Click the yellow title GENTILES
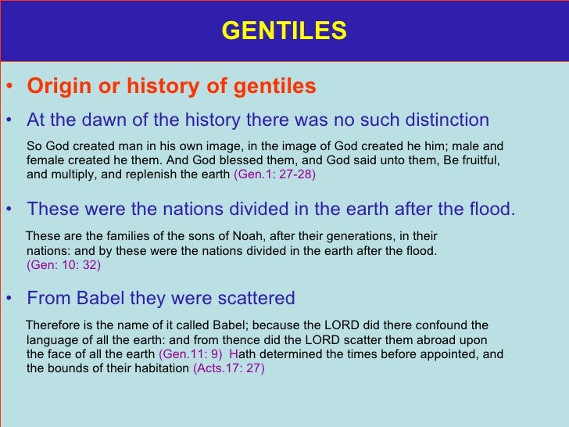pos(284,30)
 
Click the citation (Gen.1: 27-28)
pos(274,174)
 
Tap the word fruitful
pos(473,160)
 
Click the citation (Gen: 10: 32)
pos(63,264)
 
